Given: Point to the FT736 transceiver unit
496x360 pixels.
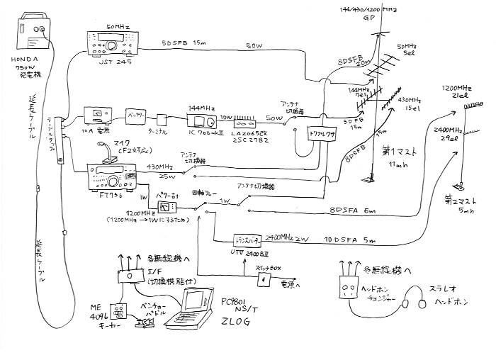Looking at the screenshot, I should pos(109,178).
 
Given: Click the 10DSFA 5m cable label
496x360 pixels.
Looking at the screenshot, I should pos(354,239).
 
